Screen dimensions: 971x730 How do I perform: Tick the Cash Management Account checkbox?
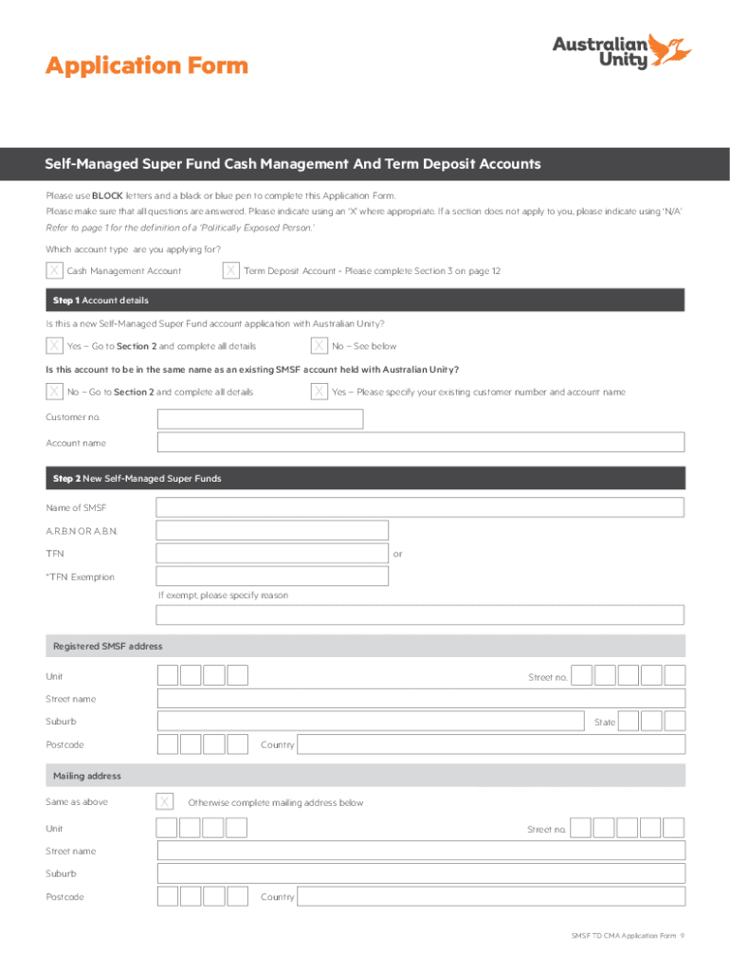point(55,271)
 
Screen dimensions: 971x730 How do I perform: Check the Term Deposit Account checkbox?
point(230,271)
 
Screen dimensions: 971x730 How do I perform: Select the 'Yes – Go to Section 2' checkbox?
point(55,346)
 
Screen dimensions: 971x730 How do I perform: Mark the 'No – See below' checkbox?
point(320,346)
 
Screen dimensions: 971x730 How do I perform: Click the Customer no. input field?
point(260,418)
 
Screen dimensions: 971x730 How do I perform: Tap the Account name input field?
point(420,443)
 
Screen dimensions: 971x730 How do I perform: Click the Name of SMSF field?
point(420,507)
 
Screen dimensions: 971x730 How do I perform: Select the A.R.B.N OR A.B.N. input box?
point(272,530)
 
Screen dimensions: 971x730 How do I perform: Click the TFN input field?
point(272,553)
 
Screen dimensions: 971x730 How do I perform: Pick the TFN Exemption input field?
point(272,577)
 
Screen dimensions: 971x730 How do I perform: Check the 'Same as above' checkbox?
point(165,802)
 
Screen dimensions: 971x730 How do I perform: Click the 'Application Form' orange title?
point(147,65)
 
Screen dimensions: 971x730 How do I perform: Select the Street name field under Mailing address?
point(420,852)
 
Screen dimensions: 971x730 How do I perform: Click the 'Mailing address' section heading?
point(87,776)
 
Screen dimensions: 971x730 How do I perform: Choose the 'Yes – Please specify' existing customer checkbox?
point(320,392)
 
